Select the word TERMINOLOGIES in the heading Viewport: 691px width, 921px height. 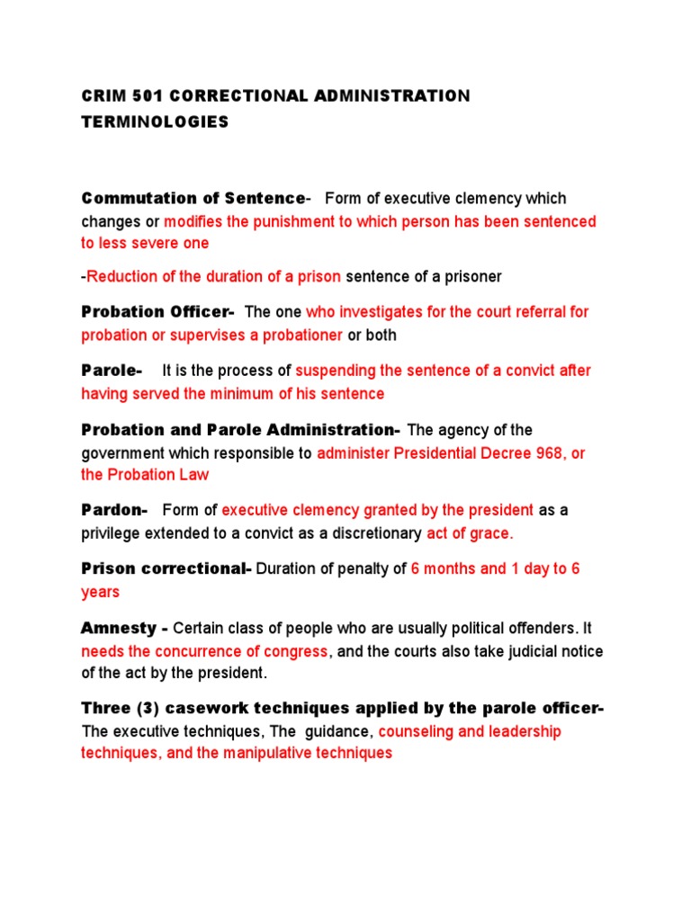tap(155, 121)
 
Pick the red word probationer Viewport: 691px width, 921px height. tap(294, 335)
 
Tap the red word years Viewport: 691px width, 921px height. tap(100, 593)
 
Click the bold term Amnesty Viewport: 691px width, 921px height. tap(117, 628)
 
